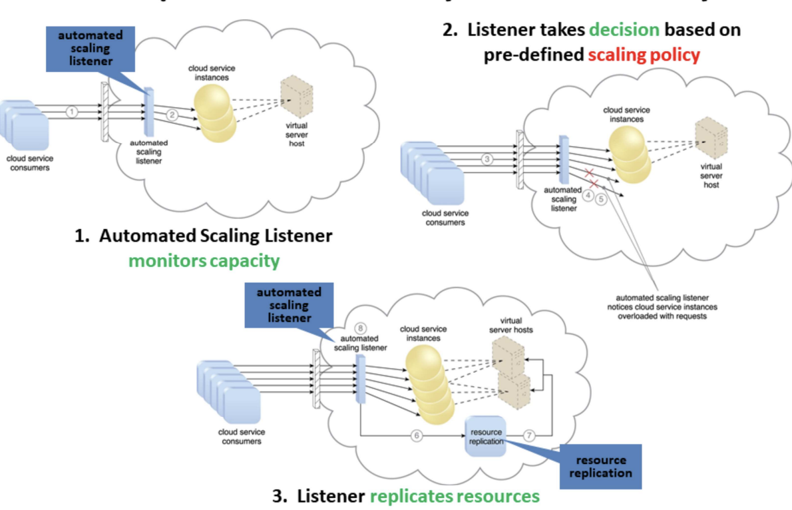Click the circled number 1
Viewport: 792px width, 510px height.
point(71,112)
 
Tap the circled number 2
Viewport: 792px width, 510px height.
point(172,115)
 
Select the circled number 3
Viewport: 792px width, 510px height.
point(487,159)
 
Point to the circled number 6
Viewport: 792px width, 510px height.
point(417,435)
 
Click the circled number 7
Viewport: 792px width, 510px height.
point(529,435)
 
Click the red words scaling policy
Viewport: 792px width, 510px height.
point(644,55)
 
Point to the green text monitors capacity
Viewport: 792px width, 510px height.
point(204,260)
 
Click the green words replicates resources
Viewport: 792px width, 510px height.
point(455,496)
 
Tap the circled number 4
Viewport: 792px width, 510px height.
point(588,196)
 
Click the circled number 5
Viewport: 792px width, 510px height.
point(602,198)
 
